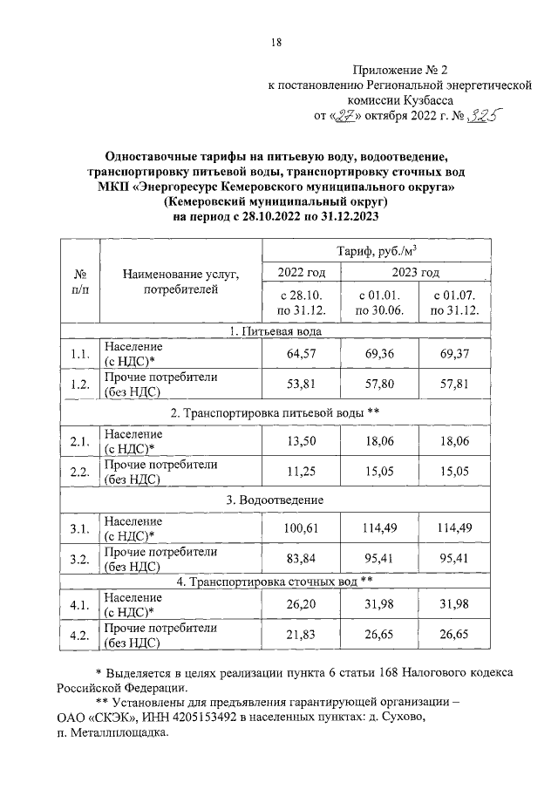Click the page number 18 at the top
276,42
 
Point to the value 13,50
299,442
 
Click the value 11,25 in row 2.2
299,472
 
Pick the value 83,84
299,559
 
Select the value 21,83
299,637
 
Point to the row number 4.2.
79,637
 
